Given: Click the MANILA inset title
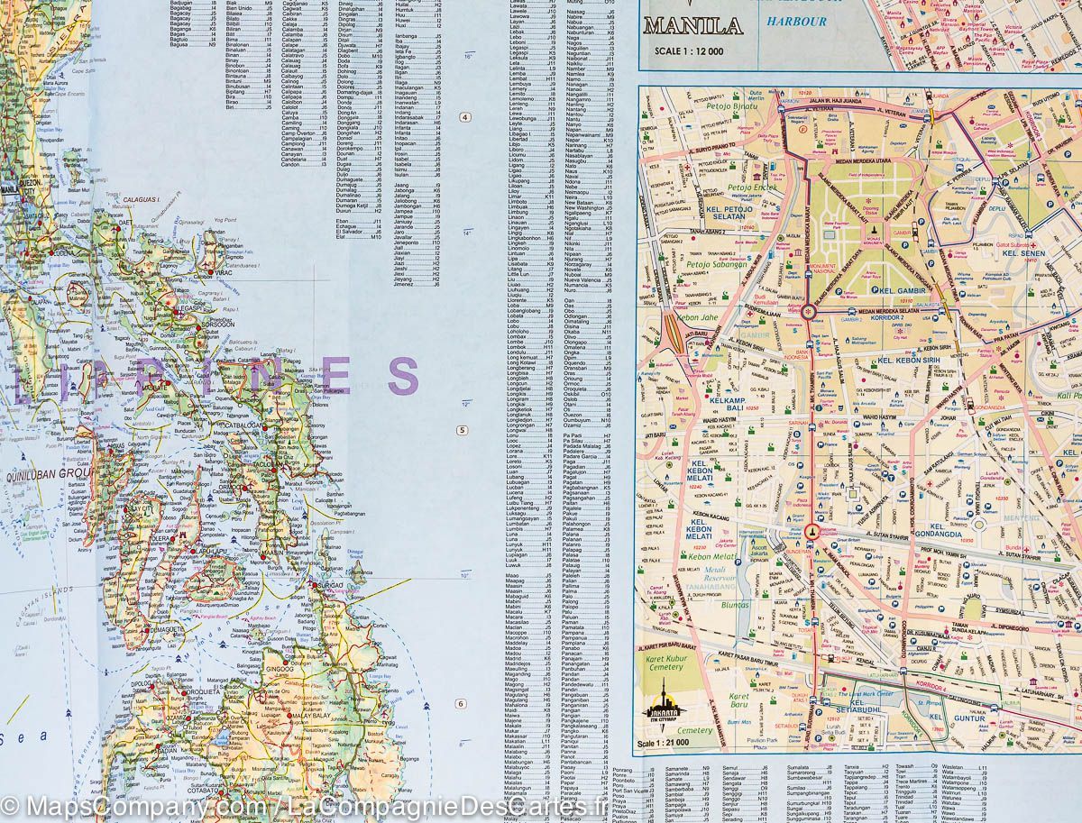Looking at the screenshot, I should tap(692, 25).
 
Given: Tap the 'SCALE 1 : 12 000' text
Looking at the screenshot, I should tap(689, 51).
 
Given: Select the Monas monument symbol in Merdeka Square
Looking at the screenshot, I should tap(874, 233).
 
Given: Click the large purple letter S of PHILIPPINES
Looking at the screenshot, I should tap(403, 377).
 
